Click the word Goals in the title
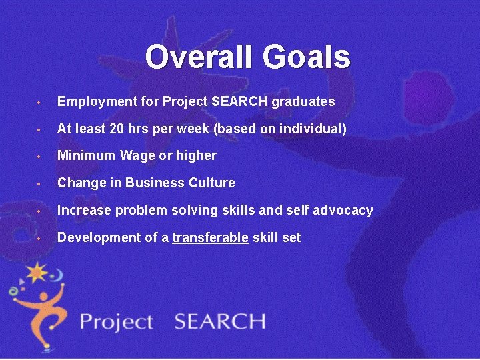[x=306, y=57]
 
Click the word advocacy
[x=345, y=211]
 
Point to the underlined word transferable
[x=211, y=237]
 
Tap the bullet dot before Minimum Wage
[x=41, y=157]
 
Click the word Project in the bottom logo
[x=116, y=322]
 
